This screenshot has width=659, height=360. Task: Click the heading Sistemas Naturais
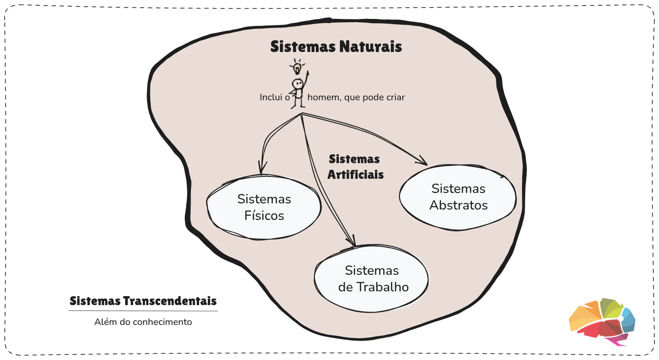click(x=336, y=47)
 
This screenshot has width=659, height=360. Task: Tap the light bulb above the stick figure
click(x=297, y=68)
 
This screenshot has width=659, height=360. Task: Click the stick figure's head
click(x=298, y=84)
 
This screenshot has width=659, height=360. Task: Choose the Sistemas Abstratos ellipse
click(x=458, y=197)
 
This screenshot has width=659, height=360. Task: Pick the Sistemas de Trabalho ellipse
click(x=372, y=279)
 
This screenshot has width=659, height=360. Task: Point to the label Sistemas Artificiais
click(x=356, y=167)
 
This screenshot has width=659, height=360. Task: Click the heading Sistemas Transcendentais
click(x=143, y=301)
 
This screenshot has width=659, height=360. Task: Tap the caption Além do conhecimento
click(x=143, y=322)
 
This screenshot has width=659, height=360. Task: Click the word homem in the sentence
click(x=321, y=97)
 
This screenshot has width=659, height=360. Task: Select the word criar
click(x=395, y=97)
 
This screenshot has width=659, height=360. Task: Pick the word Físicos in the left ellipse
click(x=264, y=216)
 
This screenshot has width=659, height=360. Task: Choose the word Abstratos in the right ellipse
click(x=458, y=205)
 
